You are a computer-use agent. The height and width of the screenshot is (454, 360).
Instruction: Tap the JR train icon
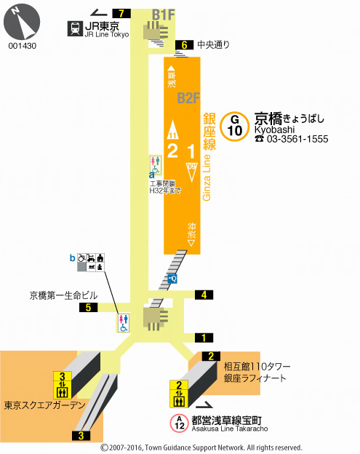(x=75, y=29)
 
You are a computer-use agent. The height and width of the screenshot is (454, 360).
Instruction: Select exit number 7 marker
(x=121, y=12)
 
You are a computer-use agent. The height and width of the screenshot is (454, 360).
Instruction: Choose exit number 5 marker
(x=89, y=308)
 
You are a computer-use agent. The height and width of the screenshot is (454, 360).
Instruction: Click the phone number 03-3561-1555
(x=292, y=139)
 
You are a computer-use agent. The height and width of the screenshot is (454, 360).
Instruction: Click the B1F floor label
(x=164, y=14)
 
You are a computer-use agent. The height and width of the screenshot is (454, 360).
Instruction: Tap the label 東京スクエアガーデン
(x=43, y=405)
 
